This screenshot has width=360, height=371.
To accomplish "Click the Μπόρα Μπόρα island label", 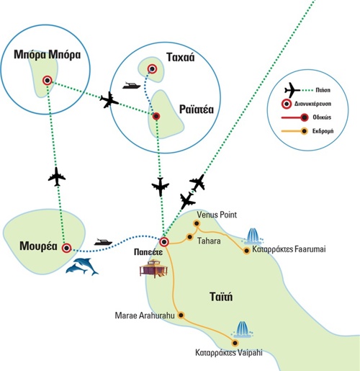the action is pyautogui.click(x=48, y=55).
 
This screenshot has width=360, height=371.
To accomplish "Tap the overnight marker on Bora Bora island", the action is pyautogui.click(x=47, y=81).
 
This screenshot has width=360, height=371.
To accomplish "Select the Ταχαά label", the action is pyautogui.click(x=181, y=57).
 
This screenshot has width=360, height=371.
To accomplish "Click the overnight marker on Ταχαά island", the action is pyautogui.click(x=152, y=69).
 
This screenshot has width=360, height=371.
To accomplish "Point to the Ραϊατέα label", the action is pyautogui.click(x=197, y=109).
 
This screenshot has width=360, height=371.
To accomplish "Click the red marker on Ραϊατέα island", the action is pyautogui.click(x=156, y=117).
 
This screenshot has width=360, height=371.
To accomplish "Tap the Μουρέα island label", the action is pyautogui.click(x=38, y=246).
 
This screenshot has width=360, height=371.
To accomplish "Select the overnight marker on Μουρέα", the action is pyautogui.click(x=66, y=248).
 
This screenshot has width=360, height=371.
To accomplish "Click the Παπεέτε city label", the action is pyautogui.click(x=148, y=252).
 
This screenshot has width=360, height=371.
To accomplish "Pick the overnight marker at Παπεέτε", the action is pyautogui.click(x=164, y=242).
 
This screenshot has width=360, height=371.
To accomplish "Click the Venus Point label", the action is pyautogui.click(x=217, y=215).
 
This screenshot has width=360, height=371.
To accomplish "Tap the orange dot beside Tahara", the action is pyautogui.click(x=190, y=237).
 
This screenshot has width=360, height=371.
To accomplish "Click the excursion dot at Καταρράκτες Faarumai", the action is pyautogui.click(x=246, y=251).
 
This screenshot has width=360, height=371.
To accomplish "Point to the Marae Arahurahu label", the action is pyautogui.click(x=145, y=316).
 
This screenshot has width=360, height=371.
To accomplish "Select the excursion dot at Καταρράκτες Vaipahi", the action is pyautogui.click(x=235, y=343).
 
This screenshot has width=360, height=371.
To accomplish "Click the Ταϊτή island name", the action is pyautogui.click(x=221, y=297).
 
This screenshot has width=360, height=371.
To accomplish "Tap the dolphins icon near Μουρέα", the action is pyautogui.click(x=82, y=267).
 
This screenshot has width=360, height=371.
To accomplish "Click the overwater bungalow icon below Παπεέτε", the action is pyautogui.click(x=153, y=269).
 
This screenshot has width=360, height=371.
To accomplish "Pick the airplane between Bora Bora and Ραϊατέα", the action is pyautogui.click(x=109, y=99).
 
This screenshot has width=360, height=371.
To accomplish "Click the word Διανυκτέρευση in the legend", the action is pyautogui.click(x=312, y=104).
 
